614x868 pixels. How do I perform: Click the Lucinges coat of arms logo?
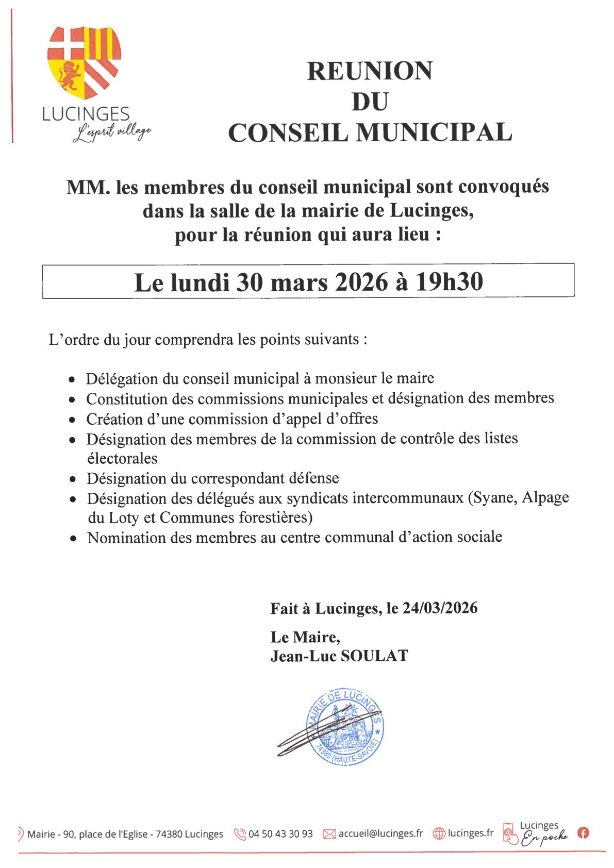click(84, 62)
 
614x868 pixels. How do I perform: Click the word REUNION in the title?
click(370, 71)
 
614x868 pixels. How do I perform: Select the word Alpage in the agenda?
click(545, 498)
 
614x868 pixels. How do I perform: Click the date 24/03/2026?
click(440, 608)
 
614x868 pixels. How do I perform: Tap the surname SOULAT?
click(375, 656)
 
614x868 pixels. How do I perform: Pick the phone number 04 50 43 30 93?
click(280, 834)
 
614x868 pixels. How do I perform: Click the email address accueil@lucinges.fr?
click(380, 833)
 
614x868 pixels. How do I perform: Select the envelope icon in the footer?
click(329, 834)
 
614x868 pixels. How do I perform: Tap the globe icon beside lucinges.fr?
click(439, 833)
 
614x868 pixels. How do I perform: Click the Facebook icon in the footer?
click(583, 832)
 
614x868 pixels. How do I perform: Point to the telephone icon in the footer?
click(240, 834)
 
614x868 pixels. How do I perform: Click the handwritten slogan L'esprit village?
click(112, 132)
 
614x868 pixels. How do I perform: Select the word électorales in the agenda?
click(122, 459)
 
